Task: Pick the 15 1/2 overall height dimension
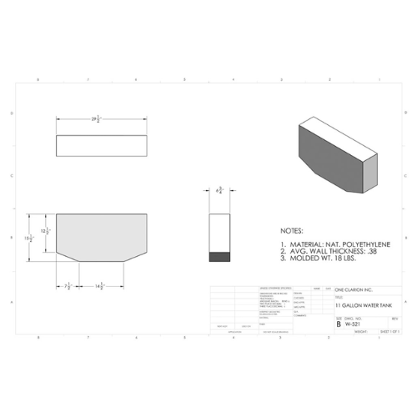(x=28, y=239)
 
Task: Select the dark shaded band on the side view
(x=219, y=258)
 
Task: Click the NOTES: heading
(x=294, y=228)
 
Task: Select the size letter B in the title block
(x=338, y=324)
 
